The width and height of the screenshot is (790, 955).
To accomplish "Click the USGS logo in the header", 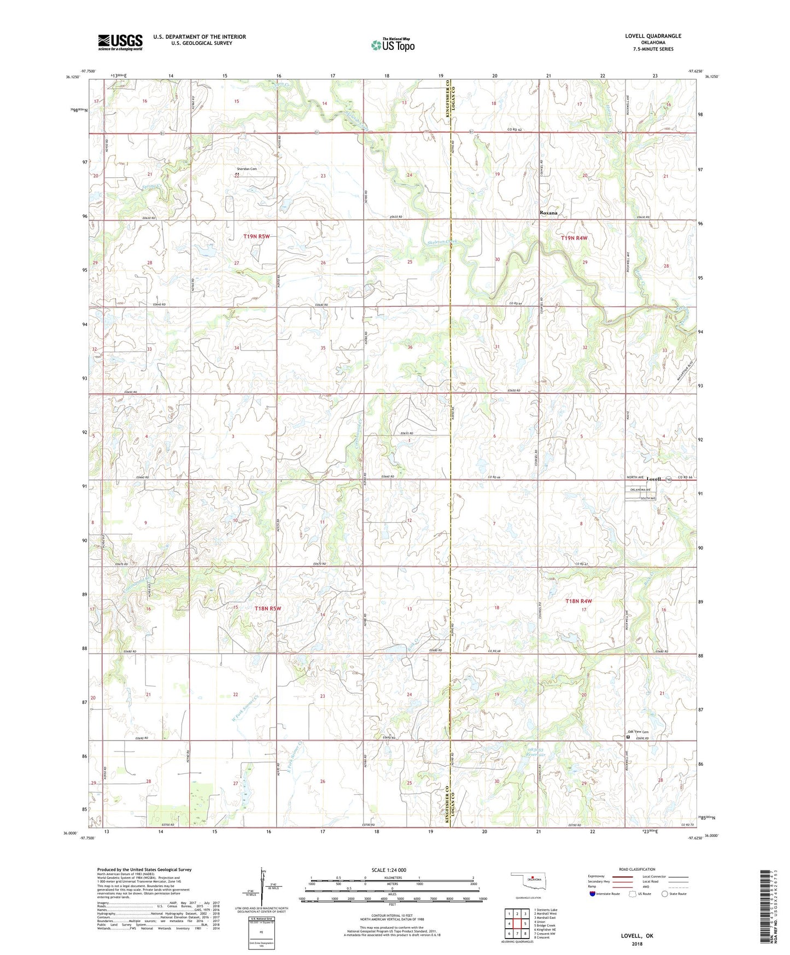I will point(120,42).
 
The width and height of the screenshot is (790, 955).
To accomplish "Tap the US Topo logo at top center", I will point(393,45).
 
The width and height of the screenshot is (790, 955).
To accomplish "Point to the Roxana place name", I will point(548,213).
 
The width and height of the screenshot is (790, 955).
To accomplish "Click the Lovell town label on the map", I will point(653,479).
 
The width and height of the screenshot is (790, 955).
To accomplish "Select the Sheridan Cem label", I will point(246,169).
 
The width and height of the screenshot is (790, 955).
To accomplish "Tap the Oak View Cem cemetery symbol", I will point(628,737).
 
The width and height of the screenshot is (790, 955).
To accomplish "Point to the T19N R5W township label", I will point(256,236).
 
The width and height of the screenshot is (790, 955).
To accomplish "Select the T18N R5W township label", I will point(268,608).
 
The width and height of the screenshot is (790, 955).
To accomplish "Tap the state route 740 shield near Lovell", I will point(669,480).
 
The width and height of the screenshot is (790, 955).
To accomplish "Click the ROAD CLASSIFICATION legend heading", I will point(637,869).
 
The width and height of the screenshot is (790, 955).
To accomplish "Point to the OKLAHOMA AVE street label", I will point(641,490).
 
